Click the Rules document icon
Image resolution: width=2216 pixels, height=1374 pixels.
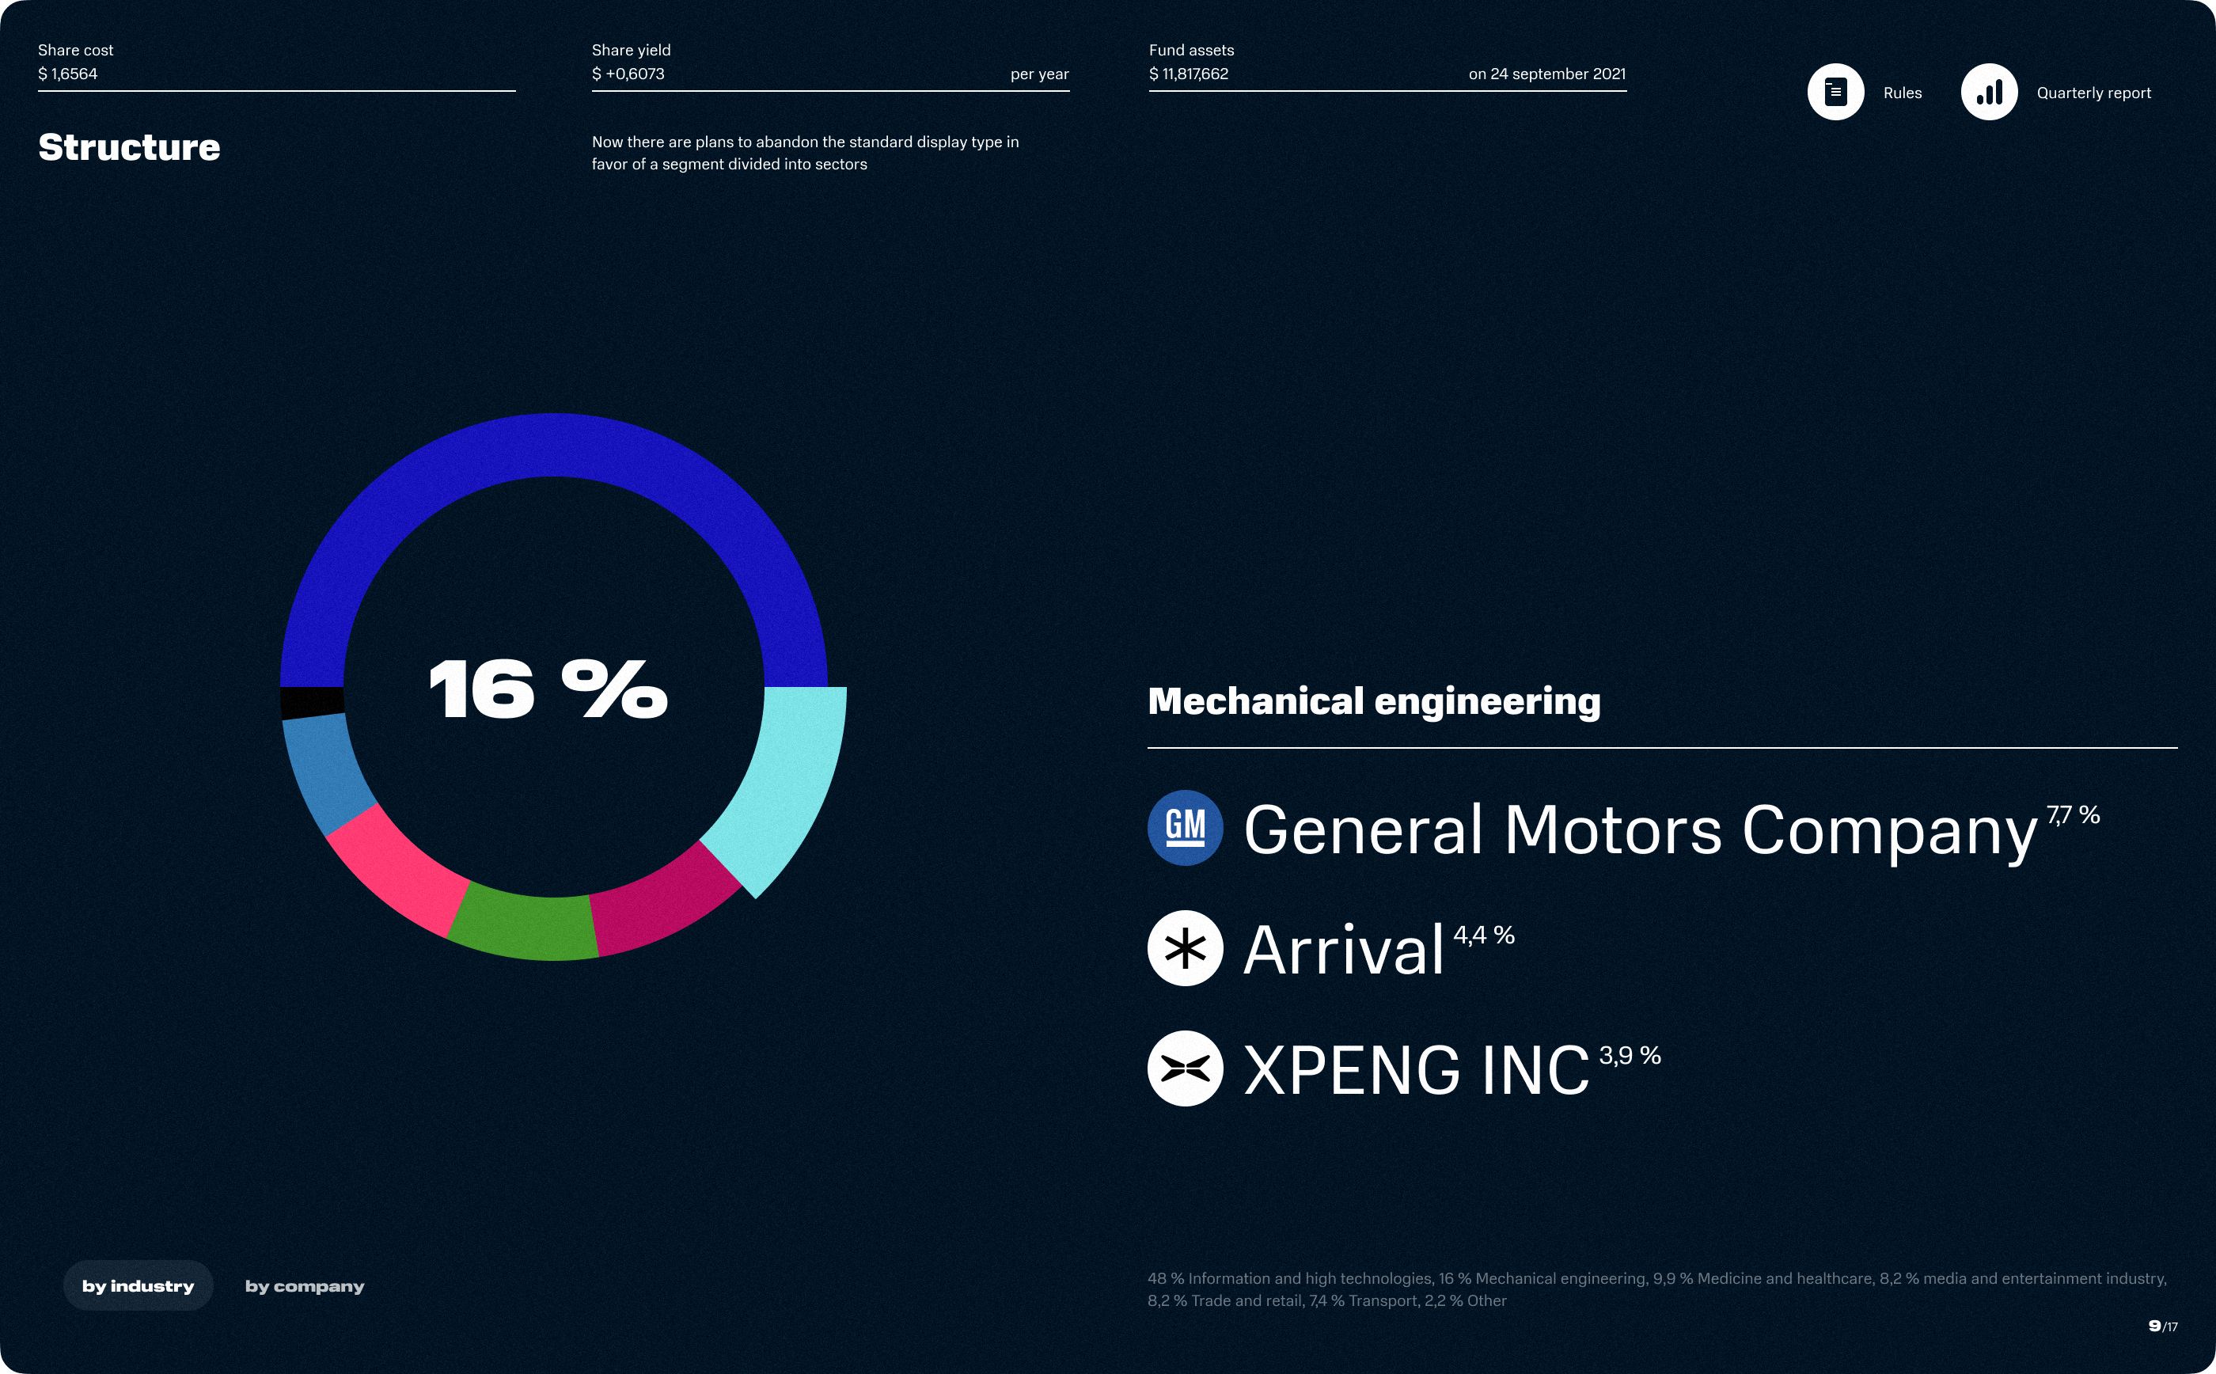1835,92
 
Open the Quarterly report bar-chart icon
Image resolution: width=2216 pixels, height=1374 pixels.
1989,92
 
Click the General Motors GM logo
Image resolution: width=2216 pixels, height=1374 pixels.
1185,828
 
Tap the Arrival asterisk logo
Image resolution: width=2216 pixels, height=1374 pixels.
1185,948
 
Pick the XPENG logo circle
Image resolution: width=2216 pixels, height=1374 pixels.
1185,1068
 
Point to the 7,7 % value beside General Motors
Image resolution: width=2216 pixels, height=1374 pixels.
2073,815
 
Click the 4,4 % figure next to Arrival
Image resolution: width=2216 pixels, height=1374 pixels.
1484,935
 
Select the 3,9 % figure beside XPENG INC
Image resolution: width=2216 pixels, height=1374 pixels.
1630,1055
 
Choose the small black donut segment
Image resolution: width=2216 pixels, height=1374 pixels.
312,701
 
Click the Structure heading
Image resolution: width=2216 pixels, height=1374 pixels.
129,147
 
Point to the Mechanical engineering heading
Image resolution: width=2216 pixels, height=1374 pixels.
1374,701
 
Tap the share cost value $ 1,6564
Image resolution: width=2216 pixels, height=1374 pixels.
68,74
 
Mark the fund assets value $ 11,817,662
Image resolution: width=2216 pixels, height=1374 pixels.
1189,74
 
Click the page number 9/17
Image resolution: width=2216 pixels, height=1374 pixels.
2162,1327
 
